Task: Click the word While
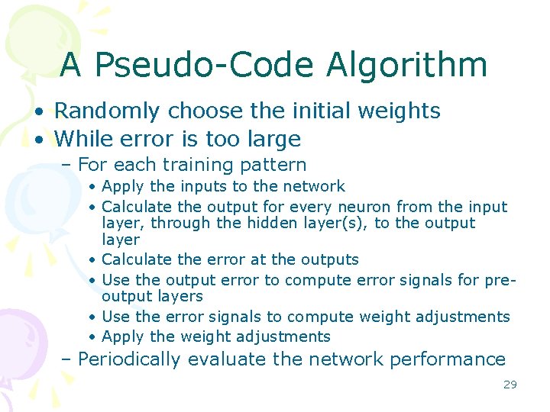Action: tap(83, 139)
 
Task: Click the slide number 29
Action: tap(510, 385)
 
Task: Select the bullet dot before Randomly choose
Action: tap(37, 112)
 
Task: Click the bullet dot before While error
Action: tap(37, 140)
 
